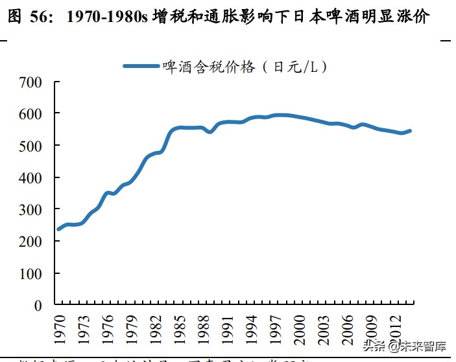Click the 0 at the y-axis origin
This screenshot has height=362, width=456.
(x=38, y=305)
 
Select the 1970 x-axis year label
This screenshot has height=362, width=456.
(x=60, y=328)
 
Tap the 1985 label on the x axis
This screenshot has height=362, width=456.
(x=180, y=328)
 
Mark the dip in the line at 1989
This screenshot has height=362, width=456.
(x=210, y=131)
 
